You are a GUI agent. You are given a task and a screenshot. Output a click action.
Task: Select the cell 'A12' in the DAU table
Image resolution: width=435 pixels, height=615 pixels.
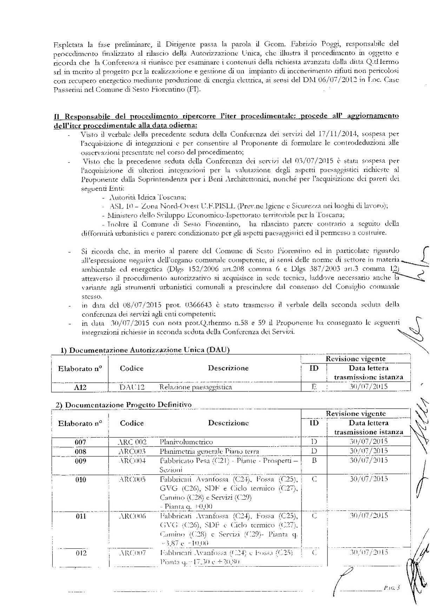tap(80, 387)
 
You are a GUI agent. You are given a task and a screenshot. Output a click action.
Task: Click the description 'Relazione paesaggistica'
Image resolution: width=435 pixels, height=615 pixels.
tap(196, 387)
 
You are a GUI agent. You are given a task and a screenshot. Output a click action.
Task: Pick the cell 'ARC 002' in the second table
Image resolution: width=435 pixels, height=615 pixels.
tap(132, 442)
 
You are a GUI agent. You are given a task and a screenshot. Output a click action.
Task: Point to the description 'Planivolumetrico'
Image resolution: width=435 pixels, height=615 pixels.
tap(186, 442)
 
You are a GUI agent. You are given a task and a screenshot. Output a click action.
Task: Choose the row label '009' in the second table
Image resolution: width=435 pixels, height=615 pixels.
tap(80, 460)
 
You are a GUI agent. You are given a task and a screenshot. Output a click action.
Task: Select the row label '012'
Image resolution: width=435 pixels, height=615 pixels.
tap(80, 553)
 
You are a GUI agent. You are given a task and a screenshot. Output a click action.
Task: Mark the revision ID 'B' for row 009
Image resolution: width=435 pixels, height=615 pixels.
tap(314, 460)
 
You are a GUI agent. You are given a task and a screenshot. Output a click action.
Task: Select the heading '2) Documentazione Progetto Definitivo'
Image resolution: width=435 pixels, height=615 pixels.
tap(124, 405)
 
